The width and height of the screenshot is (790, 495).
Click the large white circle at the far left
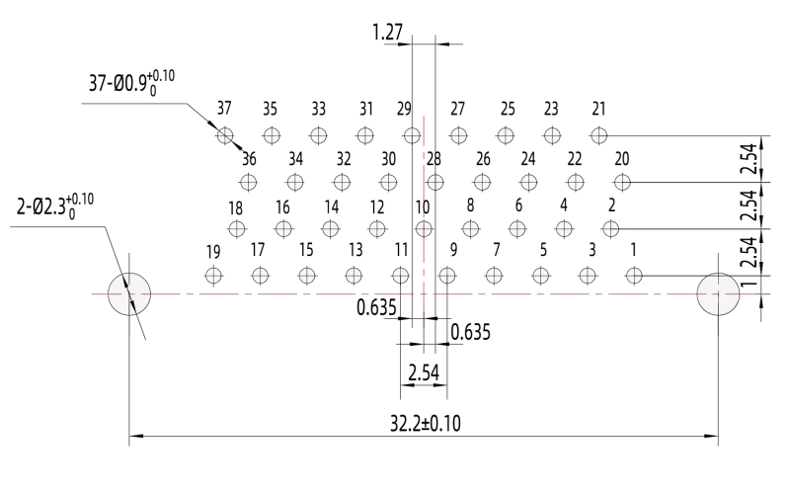point(129,294)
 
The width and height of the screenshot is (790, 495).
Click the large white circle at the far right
point(718,294)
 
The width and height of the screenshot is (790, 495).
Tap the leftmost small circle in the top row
point(225,135)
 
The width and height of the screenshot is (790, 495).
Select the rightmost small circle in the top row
point(598,135)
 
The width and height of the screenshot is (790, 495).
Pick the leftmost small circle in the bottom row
point(213,276)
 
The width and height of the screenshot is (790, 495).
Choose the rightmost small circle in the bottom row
point(634,276)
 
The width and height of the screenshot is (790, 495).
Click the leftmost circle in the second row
point(248,182)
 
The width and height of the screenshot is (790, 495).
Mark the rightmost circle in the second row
point(622,182)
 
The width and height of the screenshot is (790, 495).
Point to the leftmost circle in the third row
point(237,229)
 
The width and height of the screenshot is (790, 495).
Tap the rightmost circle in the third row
point(610,229)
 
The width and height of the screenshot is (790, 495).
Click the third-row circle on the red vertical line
point(424,229)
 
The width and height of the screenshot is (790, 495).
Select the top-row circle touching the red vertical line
point(412,135)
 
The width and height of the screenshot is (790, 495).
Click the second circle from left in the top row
point(272,135)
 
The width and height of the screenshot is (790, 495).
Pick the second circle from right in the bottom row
point(588,276)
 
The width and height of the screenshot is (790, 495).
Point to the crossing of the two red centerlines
point(424,294)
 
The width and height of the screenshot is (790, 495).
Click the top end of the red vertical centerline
point(424,117)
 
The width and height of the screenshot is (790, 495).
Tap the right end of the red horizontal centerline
point(754,294)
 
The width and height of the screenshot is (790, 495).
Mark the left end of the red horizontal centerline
point(92,294)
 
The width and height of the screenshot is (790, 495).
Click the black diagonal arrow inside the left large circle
point(129,294)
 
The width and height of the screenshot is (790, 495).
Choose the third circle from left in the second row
point(342,182)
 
